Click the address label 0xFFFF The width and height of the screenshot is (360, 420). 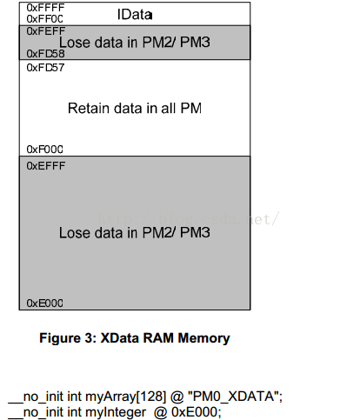45,8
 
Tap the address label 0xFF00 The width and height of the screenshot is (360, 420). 44,19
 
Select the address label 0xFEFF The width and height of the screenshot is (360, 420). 46,31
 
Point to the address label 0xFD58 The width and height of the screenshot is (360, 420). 45,54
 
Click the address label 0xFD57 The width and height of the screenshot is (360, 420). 45,68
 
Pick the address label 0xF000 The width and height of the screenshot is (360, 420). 44,150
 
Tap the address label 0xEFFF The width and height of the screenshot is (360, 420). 46,166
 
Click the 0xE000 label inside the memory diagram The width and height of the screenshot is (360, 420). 44,303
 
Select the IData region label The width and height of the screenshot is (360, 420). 135,15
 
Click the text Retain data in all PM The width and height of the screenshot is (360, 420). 135,109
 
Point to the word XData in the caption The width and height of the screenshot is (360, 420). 120,338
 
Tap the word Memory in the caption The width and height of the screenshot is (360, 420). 203,338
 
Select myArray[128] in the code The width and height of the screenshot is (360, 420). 126,397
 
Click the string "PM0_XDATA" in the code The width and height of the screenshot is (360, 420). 235,397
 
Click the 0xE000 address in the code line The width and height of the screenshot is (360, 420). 197,412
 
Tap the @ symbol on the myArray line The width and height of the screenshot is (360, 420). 177,397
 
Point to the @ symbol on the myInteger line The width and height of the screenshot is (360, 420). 161,413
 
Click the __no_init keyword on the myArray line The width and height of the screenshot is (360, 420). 36,397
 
